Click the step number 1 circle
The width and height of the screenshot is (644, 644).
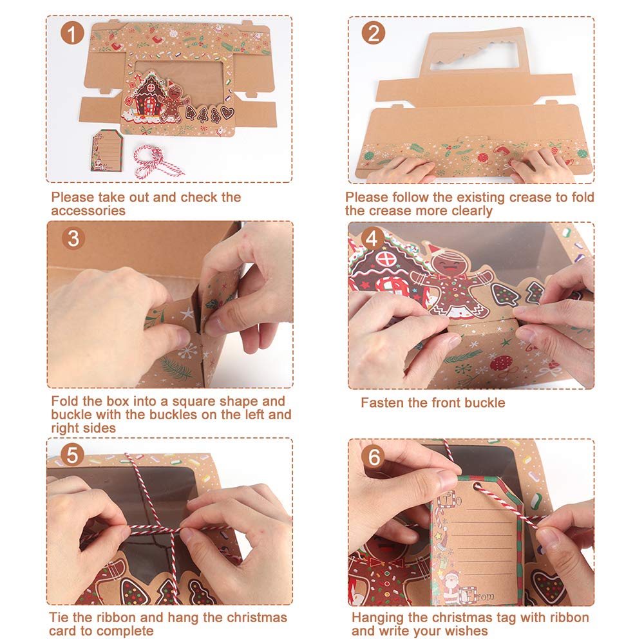72,33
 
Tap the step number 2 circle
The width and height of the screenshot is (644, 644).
374,33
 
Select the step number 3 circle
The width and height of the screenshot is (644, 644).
73,238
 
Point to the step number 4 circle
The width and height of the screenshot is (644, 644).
372,238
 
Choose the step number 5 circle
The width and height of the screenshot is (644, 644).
72,455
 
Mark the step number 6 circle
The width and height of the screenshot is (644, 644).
374,457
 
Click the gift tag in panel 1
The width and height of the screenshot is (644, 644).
106,150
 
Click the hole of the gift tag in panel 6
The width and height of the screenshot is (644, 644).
477,487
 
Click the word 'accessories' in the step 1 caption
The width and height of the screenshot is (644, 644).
88,211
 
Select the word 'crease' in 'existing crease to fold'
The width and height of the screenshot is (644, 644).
531,197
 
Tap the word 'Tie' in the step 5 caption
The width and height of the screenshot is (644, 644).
59,618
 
